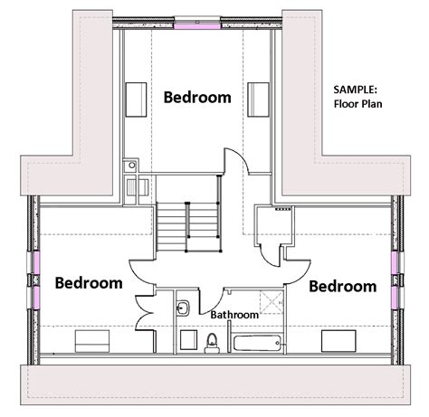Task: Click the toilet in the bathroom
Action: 212,343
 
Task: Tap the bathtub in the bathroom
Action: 257,343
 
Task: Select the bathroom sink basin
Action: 183,308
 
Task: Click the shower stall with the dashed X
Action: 272,302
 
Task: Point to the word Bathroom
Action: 234,315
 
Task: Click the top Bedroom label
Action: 197,97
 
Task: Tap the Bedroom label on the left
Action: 89,283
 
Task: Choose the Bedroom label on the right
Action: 343,286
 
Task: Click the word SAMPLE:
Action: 356,90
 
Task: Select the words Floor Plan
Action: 357,104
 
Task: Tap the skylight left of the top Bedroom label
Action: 136,100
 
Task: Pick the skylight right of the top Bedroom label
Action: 258,100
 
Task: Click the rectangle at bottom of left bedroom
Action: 92,341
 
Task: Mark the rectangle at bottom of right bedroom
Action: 338,341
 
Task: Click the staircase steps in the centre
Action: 189,227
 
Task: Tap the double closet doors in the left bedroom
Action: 146,313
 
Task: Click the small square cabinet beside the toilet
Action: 188,340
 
